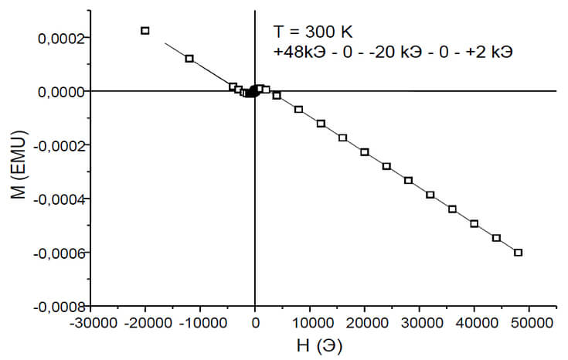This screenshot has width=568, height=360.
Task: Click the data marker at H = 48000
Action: (x=519, y=253)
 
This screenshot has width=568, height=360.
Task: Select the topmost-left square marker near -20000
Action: (x=145, y=31)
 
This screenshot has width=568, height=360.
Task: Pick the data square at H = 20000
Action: (x=365, y=152)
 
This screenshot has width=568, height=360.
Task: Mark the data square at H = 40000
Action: (x=474, y=223)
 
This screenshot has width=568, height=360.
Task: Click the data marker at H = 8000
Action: (x=299, y=110)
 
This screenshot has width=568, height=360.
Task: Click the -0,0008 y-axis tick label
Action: (x=57, y=307)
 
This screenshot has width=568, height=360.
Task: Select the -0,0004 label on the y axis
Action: (x=57, y=199)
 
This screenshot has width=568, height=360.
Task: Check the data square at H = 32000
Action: (x=430, y=195)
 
